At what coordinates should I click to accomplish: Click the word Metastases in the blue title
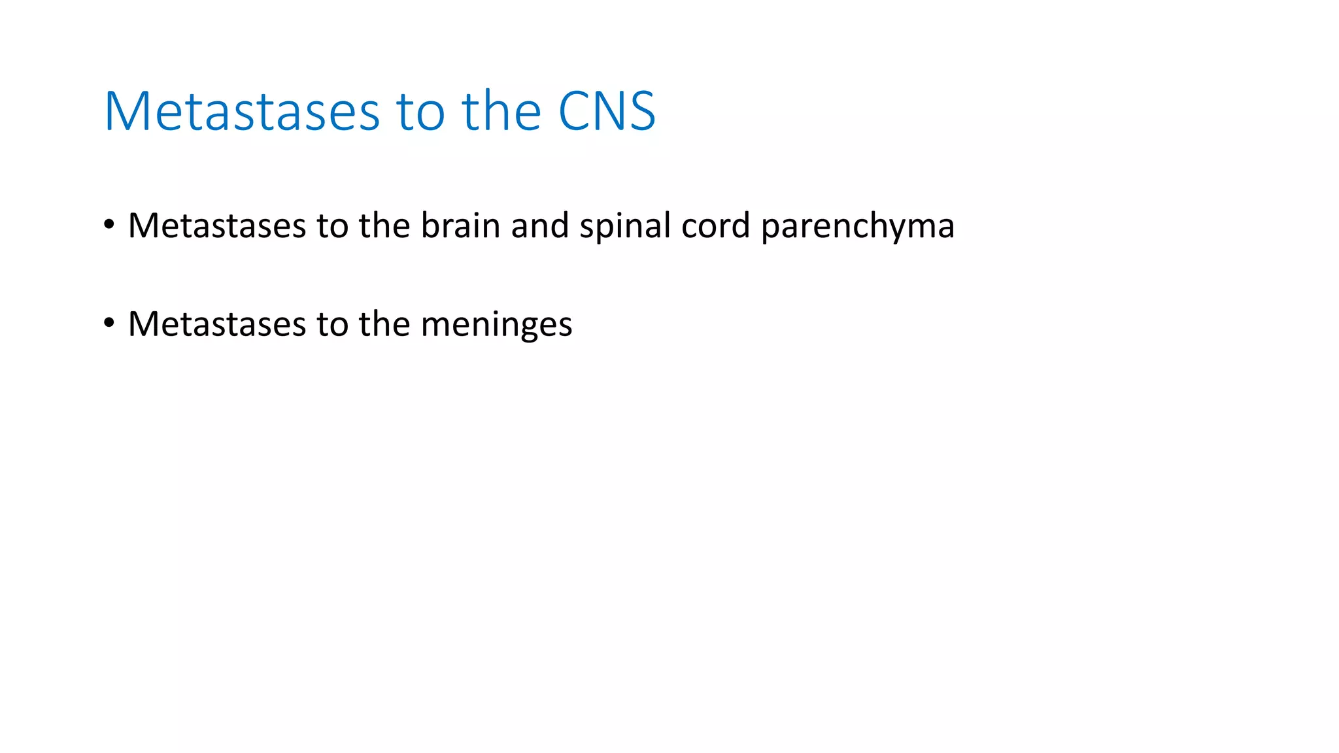[241, 111]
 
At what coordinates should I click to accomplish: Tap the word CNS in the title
[606, 111]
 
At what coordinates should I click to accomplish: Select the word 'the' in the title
[501, 111]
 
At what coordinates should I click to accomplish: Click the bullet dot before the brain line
[109, 225]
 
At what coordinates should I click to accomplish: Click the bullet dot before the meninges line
[109, 323]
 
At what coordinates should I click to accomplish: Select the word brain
[460, 226]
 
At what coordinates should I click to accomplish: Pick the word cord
[715, 226]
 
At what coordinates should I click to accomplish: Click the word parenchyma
[858, 227]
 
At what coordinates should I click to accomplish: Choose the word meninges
[496, 325]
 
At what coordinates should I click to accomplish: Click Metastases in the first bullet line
[217, 226]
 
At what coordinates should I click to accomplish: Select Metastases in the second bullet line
[217, 324]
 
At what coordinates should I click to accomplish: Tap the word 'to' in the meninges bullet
[332, 324]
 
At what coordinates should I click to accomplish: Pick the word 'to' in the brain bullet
[332, 226]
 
